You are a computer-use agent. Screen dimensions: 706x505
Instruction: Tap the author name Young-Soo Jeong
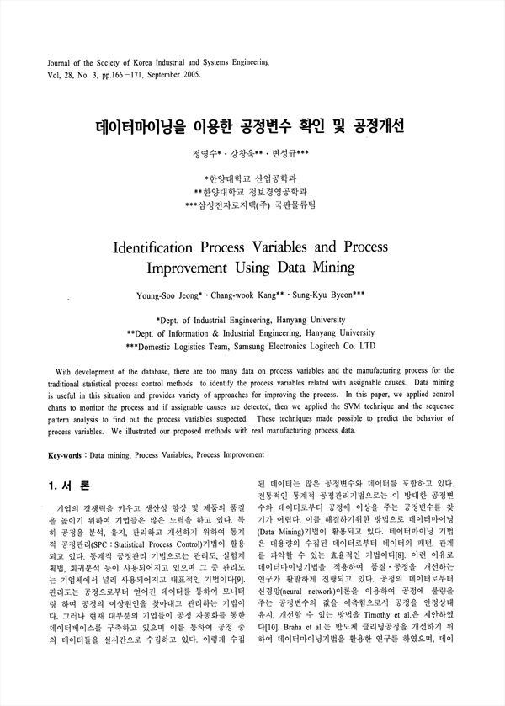(x=167, y=295)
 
